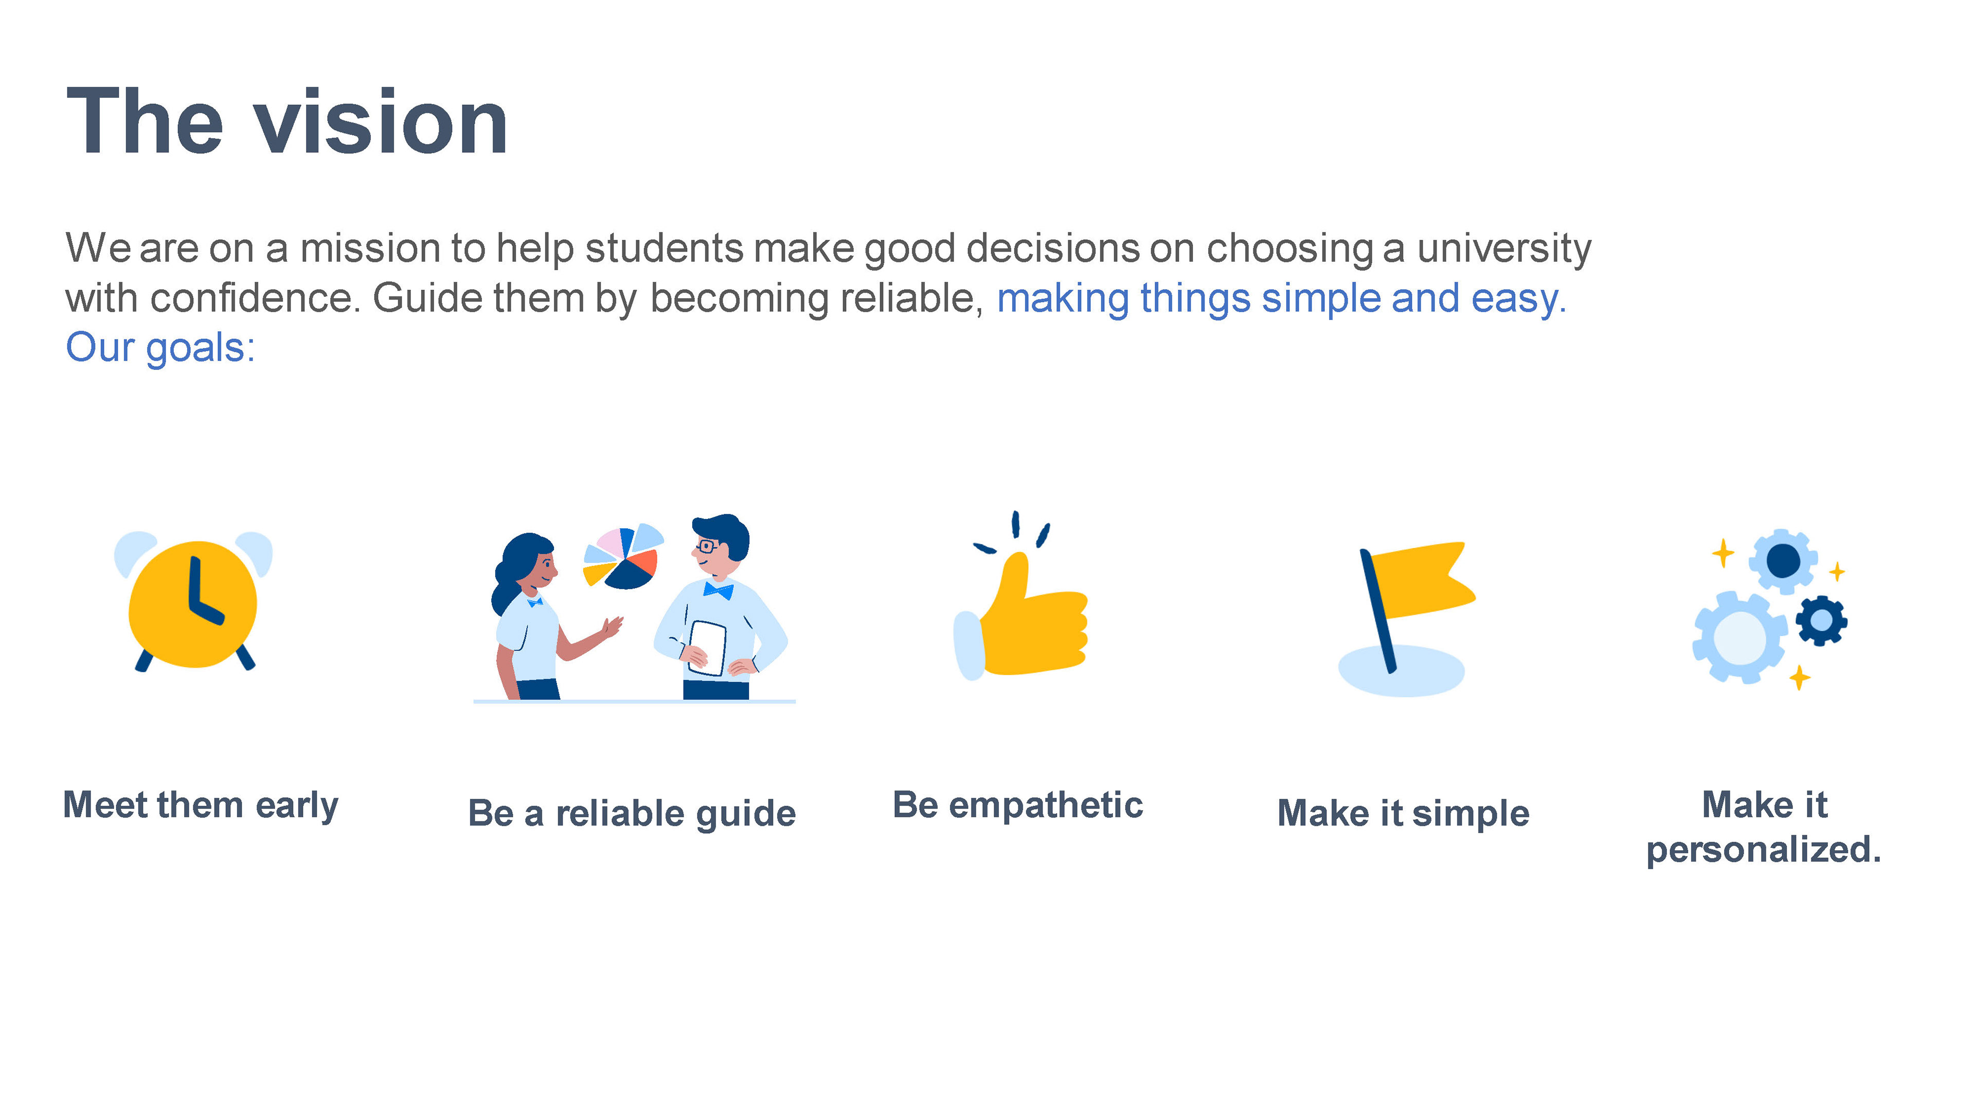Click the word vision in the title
380,121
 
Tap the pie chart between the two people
622,556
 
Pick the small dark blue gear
1822,620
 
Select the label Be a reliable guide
632,814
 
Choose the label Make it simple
1403,814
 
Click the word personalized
1764,850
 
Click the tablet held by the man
707,648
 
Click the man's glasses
705,547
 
